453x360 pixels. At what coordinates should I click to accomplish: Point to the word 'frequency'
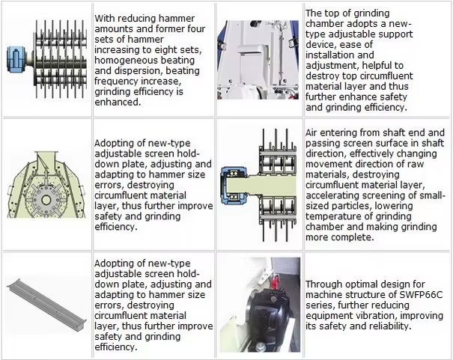pos(115,82)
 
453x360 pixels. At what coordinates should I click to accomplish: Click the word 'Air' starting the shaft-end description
pos(311,132)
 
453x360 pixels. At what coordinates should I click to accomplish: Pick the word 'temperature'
pos(332,216)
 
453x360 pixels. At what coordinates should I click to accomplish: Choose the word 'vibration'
pos(377,316)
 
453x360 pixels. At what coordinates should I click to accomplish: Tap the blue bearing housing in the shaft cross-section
pos(233,186)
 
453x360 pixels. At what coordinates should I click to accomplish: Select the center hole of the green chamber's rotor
pos(46,200)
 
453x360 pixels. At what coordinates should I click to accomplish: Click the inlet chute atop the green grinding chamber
pos(46,158)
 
